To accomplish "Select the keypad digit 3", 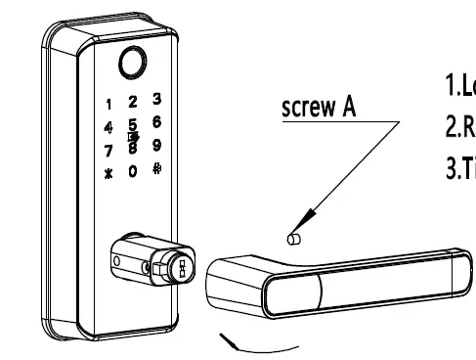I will (x=156, y=99).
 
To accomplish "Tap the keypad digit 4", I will (x=108, y=127).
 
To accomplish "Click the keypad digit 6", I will (x=156, y=122).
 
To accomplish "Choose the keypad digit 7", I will (x=108, y=153).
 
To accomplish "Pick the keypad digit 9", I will (x=156, y=146).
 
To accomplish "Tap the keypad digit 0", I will (x=133, y=172).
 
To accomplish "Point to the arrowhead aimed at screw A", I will (x=304, y=221).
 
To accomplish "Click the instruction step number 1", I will (x=452, y=87).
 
